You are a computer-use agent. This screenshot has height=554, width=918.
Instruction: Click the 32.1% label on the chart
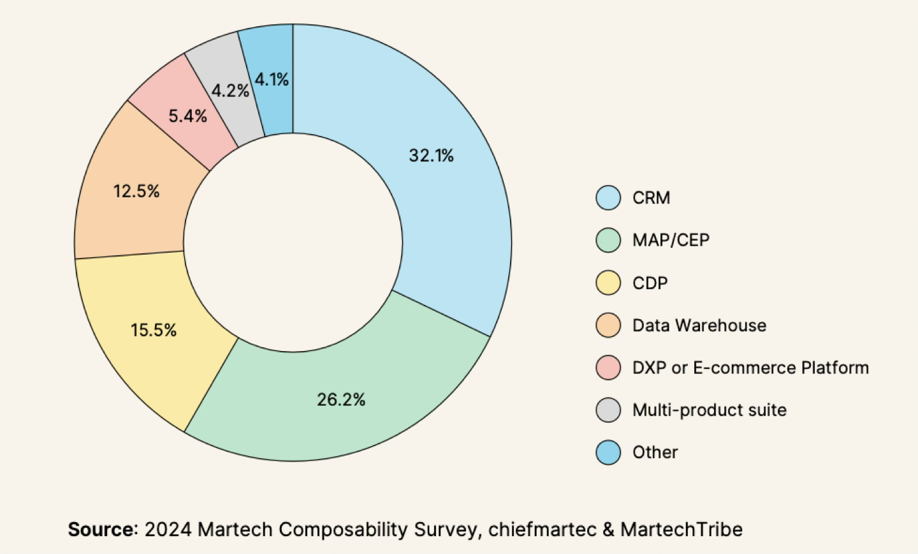(431, 156)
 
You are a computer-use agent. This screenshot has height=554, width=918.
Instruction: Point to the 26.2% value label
(341, 400)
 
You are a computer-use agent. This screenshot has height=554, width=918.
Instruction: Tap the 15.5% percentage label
(154, 330)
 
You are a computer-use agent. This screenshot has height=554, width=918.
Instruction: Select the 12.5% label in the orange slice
(136, 191)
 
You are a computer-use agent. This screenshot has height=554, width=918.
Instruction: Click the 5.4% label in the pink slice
(187, 116)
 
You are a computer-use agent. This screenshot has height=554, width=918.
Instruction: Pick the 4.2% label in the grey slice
(230, 91)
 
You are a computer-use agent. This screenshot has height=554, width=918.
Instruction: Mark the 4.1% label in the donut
(272, 80)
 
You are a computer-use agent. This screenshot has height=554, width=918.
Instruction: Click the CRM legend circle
(608, 198)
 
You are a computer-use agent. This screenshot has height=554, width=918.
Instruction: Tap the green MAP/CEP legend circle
(608, 240)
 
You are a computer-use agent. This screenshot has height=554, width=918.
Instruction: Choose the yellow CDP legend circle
(608, 283)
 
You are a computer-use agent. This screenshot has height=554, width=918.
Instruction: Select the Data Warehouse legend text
(699, 326)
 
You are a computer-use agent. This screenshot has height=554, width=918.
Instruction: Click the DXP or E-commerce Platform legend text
(750, 368)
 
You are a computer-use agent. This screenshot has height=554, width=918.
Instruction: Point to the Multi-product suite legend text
(709, 410)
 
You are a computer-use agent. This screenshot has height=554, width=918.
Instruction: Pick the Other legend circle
(608, 453)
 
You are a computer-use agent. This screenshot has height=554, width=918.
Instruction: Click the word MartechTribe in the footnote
(681, 530)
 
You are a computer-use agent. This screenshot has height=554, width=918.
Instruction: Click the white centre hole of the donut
(293, 243)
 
